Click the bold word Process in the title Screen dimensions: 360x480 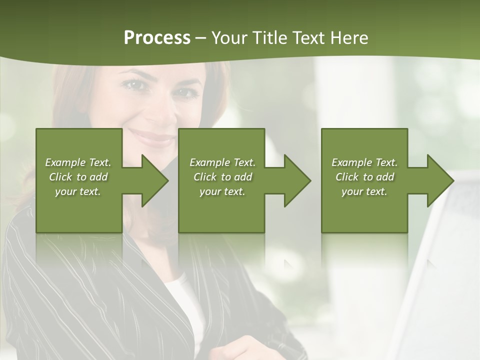coord(157,38)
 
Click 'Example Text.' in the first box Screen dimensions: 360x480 coord(78,162)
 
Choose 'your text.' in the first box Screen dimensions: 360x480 coord(78,191)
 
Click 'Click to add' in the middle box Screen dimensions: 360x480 coord(222,177)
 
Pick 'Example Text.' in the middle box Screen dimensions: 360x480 coord(222,162)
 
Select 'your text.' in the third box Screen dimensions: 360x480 coord(364,191)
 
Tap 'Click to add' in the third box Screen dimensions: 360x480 coord(364,177)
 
